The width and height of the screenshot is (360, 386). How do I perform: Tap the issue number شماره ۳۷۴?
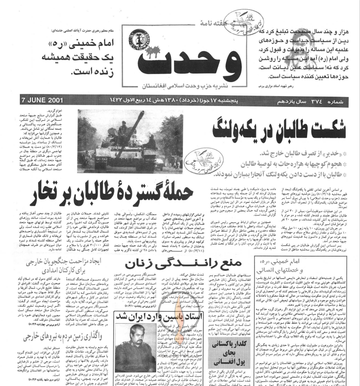click(334, 99)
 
